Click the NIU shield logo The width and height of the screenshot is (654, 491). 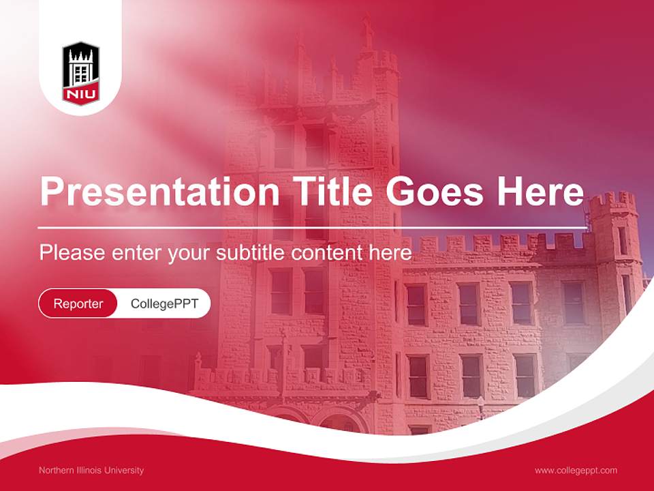tap(81, 72)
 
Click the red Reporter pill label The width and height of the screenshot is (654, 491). tap(78, 303)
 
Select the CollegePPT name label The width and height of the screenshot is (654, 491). tap(164, 303)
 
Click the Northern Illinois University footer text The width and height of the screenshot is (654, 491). tap(91, 470)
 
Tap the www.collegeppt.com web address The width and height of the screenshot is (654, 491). tap(576, 470)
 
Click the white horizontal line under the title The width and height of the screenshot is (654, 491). tap(313, 227)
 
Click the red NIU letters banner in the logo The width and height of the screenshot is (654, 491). tap(81, 93)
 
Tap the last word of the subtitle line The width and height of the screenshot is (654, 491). tap(390, 252)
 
